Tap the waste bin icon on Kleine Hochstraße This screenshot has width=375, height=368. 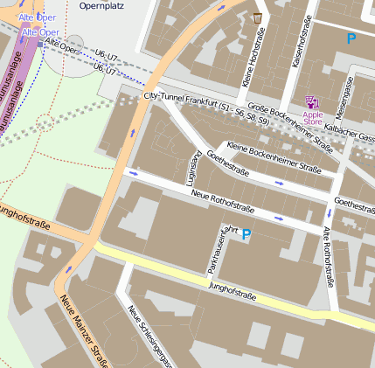[x=257, y=17]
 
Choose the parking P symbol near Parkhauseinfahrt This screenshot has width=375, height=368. [x=246, y=234]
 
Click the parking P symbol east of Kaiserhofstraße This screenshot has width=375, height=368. [x=351, y=38]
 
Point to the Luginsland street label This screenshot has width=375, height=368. [x=193, y=164]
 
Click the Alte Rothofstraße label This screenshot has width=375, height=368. [x=329, y=257]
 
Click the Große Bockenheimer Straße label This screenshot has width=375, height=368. [x=284, y=120]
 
